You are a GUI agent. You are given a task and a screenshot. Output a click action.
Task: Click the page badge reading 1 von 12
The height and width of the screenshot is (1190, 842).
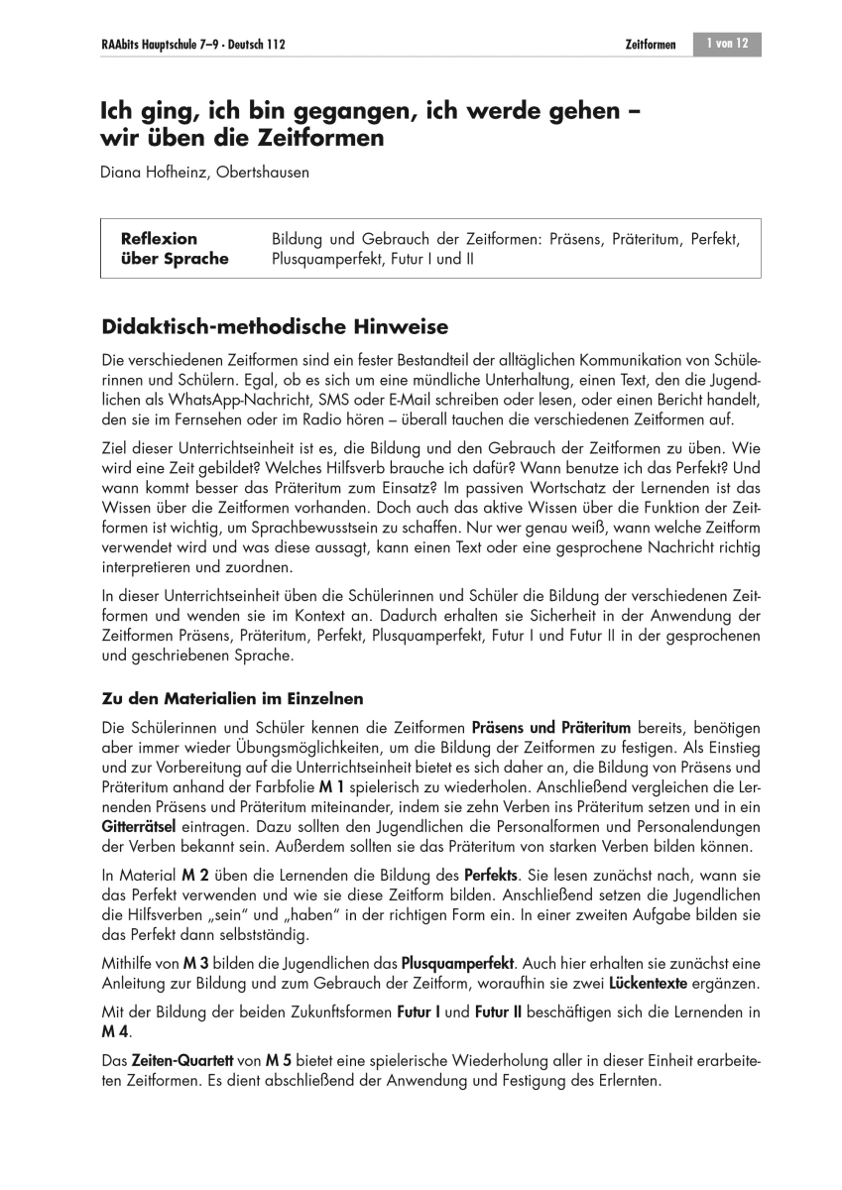click(x=727, y=44)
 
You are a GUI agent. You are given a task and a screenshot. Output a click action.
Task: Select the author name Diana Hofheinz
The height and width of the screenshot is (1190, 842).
click(x=149, y=173)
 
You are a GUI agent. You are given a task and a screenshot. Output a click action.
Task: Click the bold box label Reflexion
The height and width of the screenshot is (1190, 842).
click(x=159, y=239)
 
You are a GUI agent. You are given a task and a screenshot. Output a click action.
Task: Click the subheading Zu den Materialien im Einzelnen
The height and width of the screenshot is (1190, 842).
click(x=233, y=697)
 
